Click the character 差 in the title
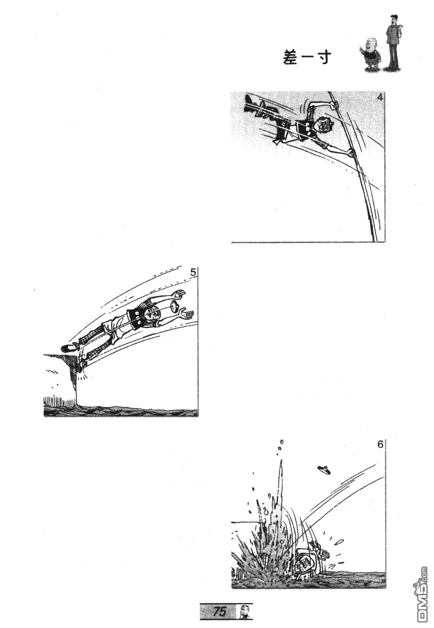pyautogui.click(x=290, y=58)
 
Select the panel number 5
pyautogui.click(x=193, y=272)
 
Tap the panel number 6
pyautogui.click(x=380, y=445)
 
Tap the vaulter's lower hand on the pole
pyautogui.click(x=351, y=153)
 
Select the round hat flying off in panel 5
pyautogui.click(x=176, y=307)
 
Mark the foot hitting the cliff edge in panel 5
pyautogui.click(x=82, y=365)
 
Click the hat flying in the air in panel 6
pyautogui.click(x=324, y=470)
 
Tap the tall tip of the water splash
pyautogui.click(x=281, y=464)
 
